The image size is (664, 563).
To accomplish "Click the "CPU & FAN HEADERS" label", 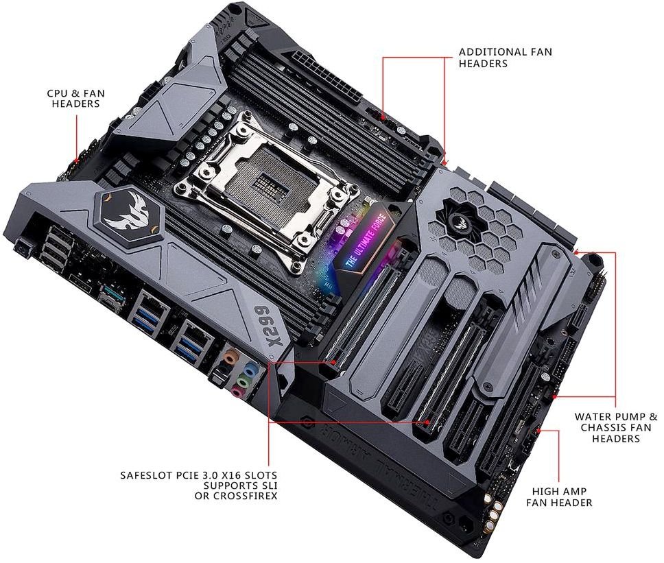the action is (x=76, y=98).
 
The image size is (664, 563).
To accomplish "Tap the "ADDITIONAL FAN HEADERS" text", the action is (x=506, y=58).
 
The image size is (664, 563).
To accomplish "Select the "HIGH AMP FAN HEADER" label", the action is (x=559, y=497).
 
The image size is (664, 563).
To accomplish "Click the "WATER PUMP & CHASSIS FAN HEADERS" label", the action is (x=616, y=427).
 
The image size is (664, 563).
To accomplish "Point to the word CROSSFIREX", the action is (x=236, y=496).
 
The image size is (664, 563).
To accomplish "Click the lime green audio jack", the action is (x=242, y=381).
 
